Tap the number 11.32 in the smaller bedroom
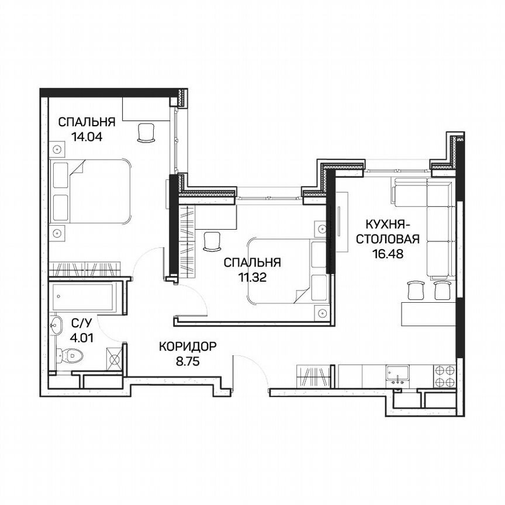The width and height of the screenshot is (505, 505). click(x=252, y=278)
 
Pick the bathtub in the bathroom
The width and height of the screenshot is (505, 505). click(x=86, y=299)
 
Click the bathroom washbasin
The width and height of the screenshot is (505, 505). click(x=57, y=326)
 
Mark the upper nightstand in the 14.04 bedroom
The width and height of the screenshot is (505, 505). click(x=57, y=148)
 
